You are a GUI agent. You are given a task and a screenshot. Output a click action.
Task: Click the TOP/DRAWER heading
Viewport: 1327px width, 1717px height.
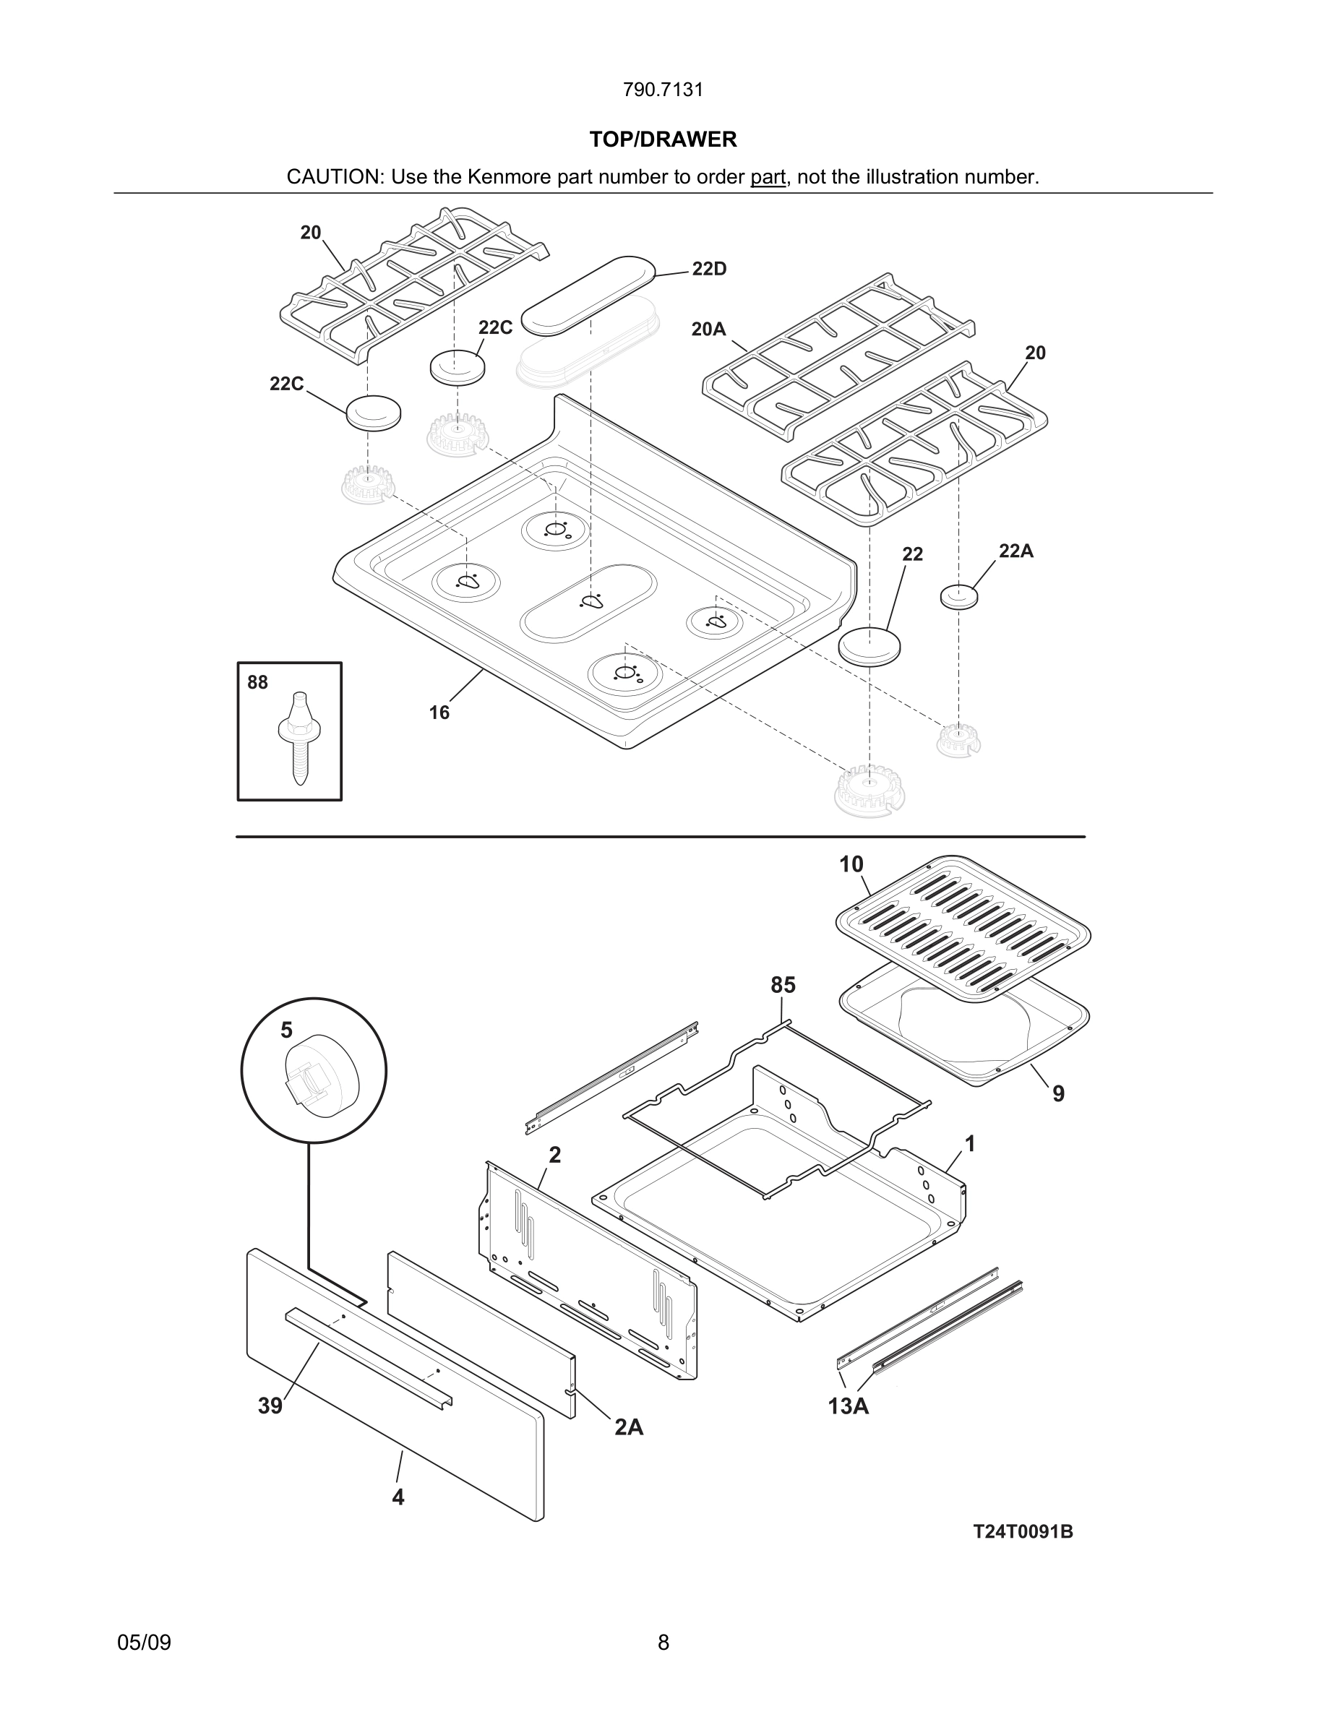pyautogui.click(x=663, y=140)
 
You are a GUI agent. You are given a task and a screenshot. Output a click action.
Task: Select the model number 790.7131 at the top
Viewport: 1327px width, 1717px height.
pyautogui.click(x=663, y=90)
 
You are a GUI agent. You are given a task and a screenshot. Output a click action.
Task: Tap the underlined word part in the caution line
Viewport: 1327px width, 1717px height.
pyautogui.click(x=768, y=178)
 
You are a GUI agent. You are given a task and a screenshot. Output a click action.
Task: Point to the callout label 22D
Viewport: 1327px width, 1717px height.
pyautogui.click(x=709, y=270)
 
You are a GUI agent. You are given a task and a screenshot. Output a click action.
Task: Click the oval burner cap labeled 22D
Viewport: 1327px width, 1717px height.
pyautogui.click(x=588, y=294)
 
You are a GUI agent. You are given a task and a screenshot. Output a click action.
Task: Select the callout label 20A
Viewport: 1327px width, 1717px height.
pyautogui.click(x=708, y=330)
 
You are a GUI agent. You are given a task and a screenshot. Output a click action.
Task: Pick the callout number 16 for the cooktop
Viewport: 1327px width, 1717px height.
pyautogui.click(x=439, y=713)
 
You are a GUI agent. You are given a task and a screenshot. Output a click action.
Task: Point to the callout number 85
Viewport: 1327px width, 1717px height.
pyautogui.click(x=782, y=985)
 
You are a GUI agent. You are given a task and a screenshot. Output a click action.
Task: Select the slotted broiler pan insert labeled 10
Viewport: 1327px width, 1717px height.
pyautogui.click(x=962, y=931)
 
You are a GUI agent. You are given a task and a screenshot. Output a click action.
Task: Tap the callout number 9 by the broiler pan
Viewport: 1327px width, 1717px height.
pyautogui.click(x=1058, y=1093)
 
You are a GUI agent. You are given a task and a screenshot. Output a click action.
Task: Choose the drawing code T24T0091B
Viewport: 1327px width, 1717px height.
pyautogui.click(x=1023, y=1532)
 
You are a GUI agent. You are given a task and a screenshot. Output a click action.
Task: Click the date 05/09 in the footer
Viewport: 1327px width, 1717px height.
pyautogui.click(x=144, y=1643)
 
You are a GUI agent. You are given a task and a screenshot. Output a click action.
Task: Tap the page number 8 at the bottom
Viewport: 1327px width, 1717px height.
pyautogui.click(x=663, y=1643)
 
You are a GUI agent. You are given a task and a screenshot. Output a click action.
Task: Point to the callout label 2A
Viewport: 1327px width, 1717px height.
pyautogui.click(x=629, y=1427)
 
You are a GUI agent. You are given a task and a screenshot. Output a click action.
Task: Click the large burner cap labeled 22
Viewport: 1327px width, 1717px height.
pyautogui.click(x=869, y=646)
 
